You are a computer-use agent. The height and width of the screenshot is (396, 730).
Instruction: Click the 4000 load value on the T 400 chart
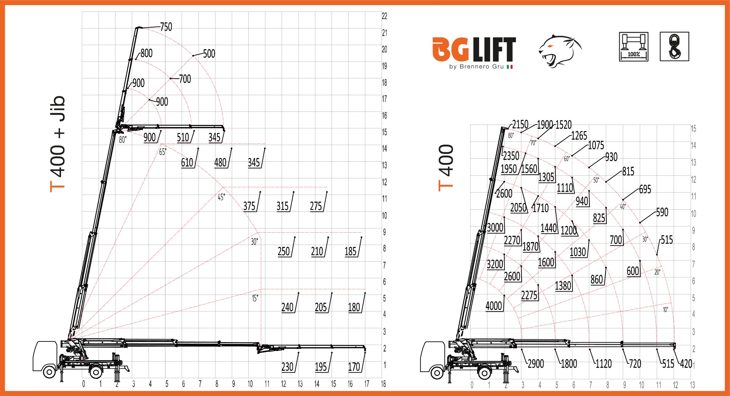click(x=494, y=306)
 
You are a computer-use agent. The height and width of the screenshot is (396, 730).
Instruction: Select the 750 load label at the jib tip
click(x=166, y=27)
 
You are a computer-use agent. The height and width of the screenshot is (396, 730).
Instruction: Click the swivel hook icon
click(x=674, y=46)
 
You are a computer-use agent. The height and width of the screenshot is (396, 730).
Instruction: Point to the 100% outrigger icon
click(x=634, y=47)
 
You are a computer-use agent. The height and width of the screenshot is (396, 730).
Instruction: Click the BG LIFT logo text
click(x=474, y=50)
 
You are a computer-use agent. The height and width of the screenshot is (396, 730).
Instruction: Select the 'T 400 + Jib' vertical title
click(x=58, y=144)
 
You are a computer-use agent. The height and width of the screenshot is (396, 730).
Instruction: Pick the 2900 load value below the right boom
click(x=536, y=364)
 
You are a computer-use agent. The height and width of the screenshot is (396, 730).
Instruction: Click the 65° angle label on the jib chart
click(x=163, y=152)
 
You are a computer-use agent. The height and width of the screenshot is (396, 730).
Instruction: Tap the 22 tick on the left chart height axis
click(x=384, y=16)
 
